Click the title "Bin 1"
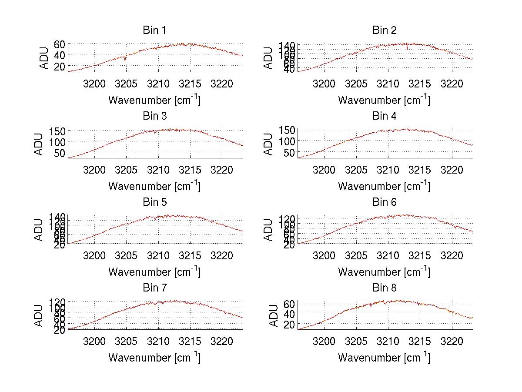(x=154, y=30)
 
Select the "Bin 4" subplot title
(x=384, y=116)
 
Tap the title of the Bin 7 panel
(x=154, y=288)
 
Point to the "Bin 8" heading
(x=384, y=288)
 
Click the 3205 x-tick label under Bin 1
(x=126, y=84)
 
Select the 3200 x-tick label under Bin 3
(x=94, y=169)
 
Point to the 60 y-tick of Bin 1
(x=60, y=44)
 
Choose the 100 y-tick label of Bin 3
(x=57, y=141)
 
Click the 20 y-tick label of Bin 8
(x=289, y=325)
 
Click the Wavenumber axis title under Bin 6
(x=384, y=272)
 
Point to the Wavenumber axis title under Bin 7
(x=154, y=358)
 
